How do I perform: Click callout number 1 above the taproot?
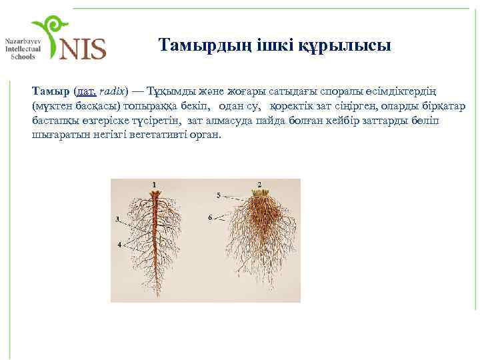click(x=154, y=184)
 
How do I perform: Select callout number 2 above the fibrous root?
click(x=259, y=184)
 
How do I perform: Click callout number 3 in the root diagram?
click(x=117, y=219)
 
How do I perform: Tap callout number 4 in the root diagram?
click(x=119, y=245)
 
